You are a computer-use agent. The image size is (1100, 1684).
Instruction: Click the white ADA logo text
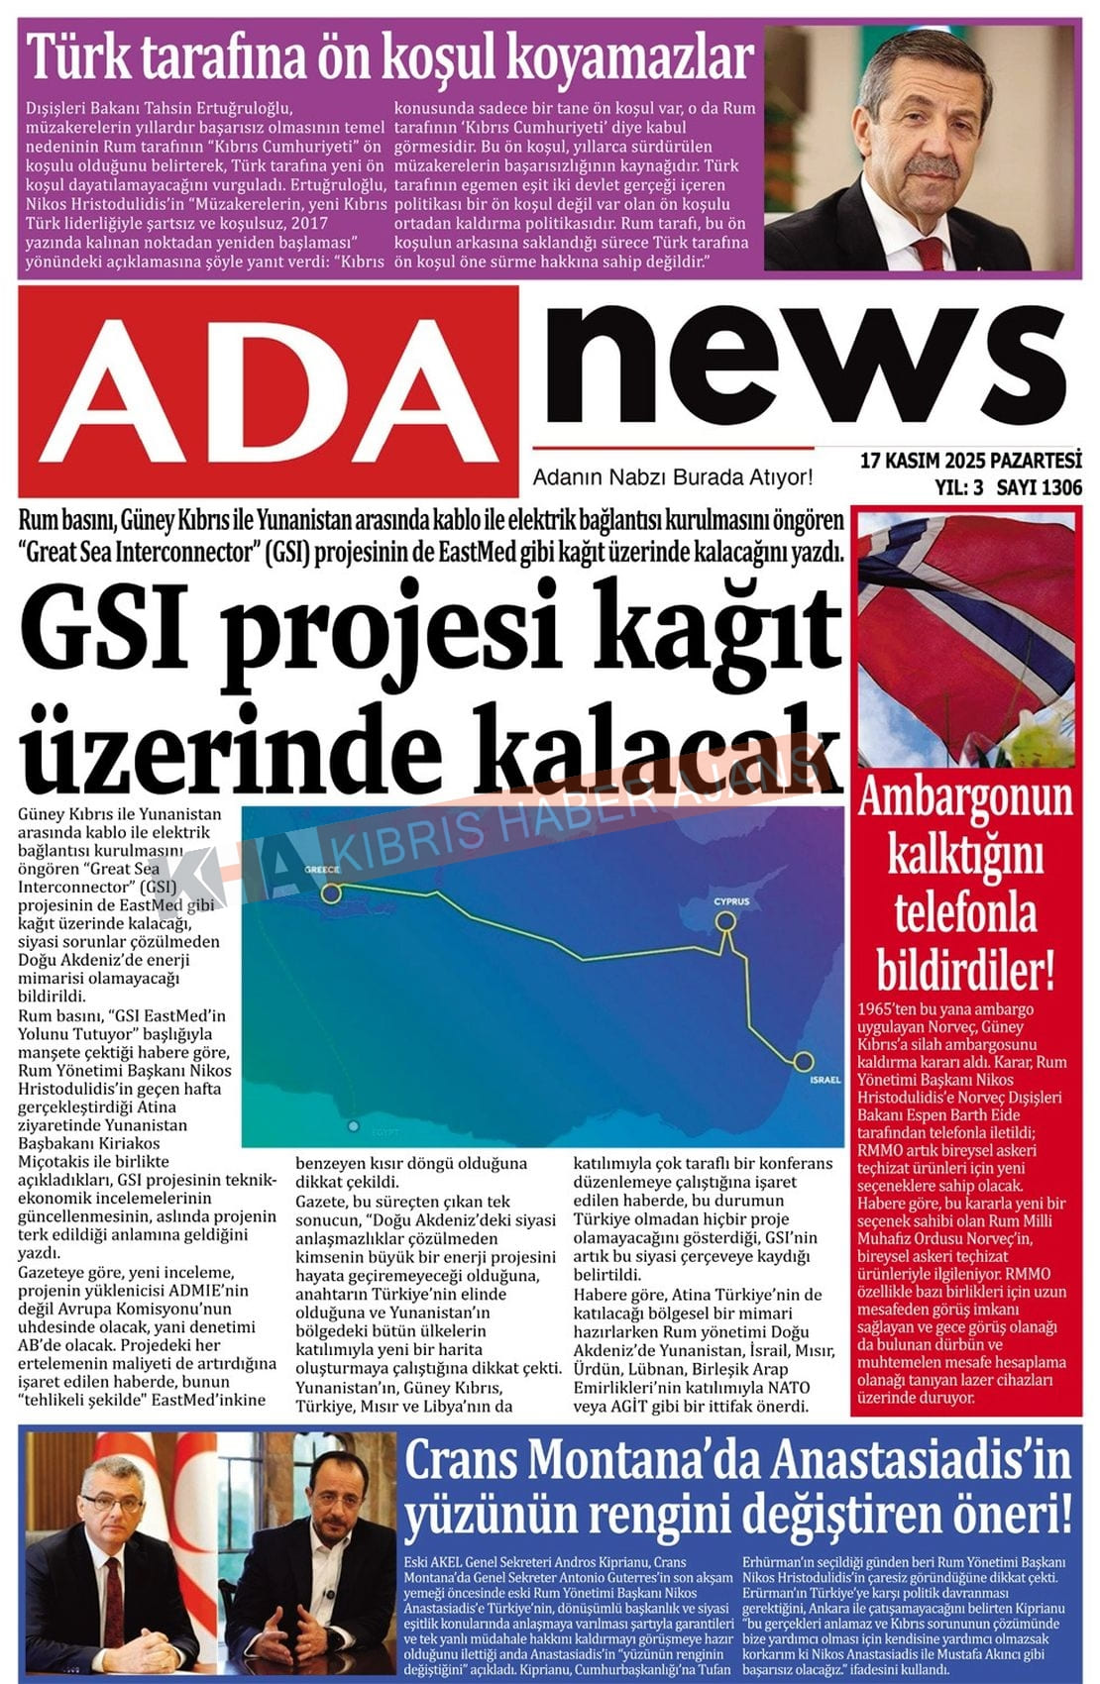point(268,390)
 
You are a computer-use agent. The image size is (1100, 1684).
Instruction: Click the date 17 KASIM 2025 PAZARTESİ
point(970,461)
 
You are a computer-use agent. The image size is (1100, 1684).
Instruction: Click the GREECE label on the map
point(322,869)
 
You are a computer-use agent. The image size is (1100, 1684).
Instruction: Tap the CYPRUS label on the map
point(731,901)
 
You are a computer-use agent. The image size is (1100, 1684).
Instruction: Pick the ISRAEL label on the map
point(825,1079)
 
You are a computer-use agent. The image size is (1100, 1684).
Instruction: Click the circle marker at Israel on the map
point(803,1061)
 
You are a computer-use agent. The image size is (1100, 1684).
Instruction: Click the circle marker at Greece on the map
point(331,893)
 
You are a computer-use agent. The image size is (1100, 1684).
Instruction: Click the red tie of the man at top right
point(930,252)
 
